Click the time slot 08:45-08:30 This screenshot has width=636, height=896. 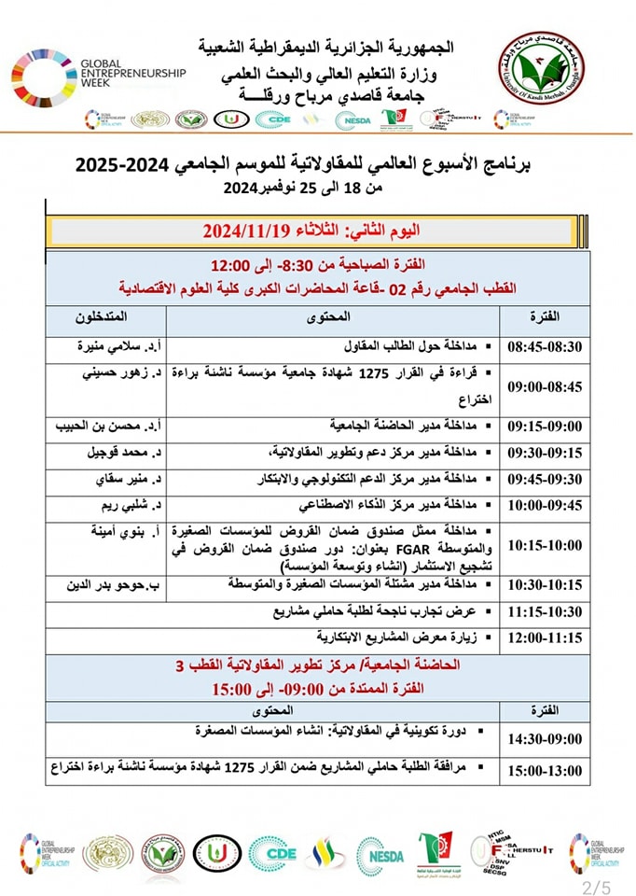pyautogui.click(x=545, y=346)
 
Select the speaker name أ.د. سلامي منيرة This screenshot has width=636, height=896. pyautogui.click(x=113, y=346)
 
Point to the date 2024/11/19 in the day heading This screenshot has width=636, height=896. pyautogui.click(x=246, y=229)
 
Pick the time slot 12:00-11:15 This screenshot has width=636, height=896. pyautogui.click(x=545, y=638)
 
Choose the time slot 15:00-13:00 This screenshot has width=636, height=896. pyautogui.click(x=545, y=770)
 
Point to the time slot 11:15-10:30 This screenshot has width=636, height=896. pyautogui.click(x=545, y=613)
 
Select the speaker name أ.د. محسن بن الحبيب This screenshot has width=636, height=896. pyautogui.click(x=108, y=426)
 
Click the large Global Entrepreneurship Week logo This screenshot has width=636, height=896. pyautogui.click(x=99, y=75)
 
